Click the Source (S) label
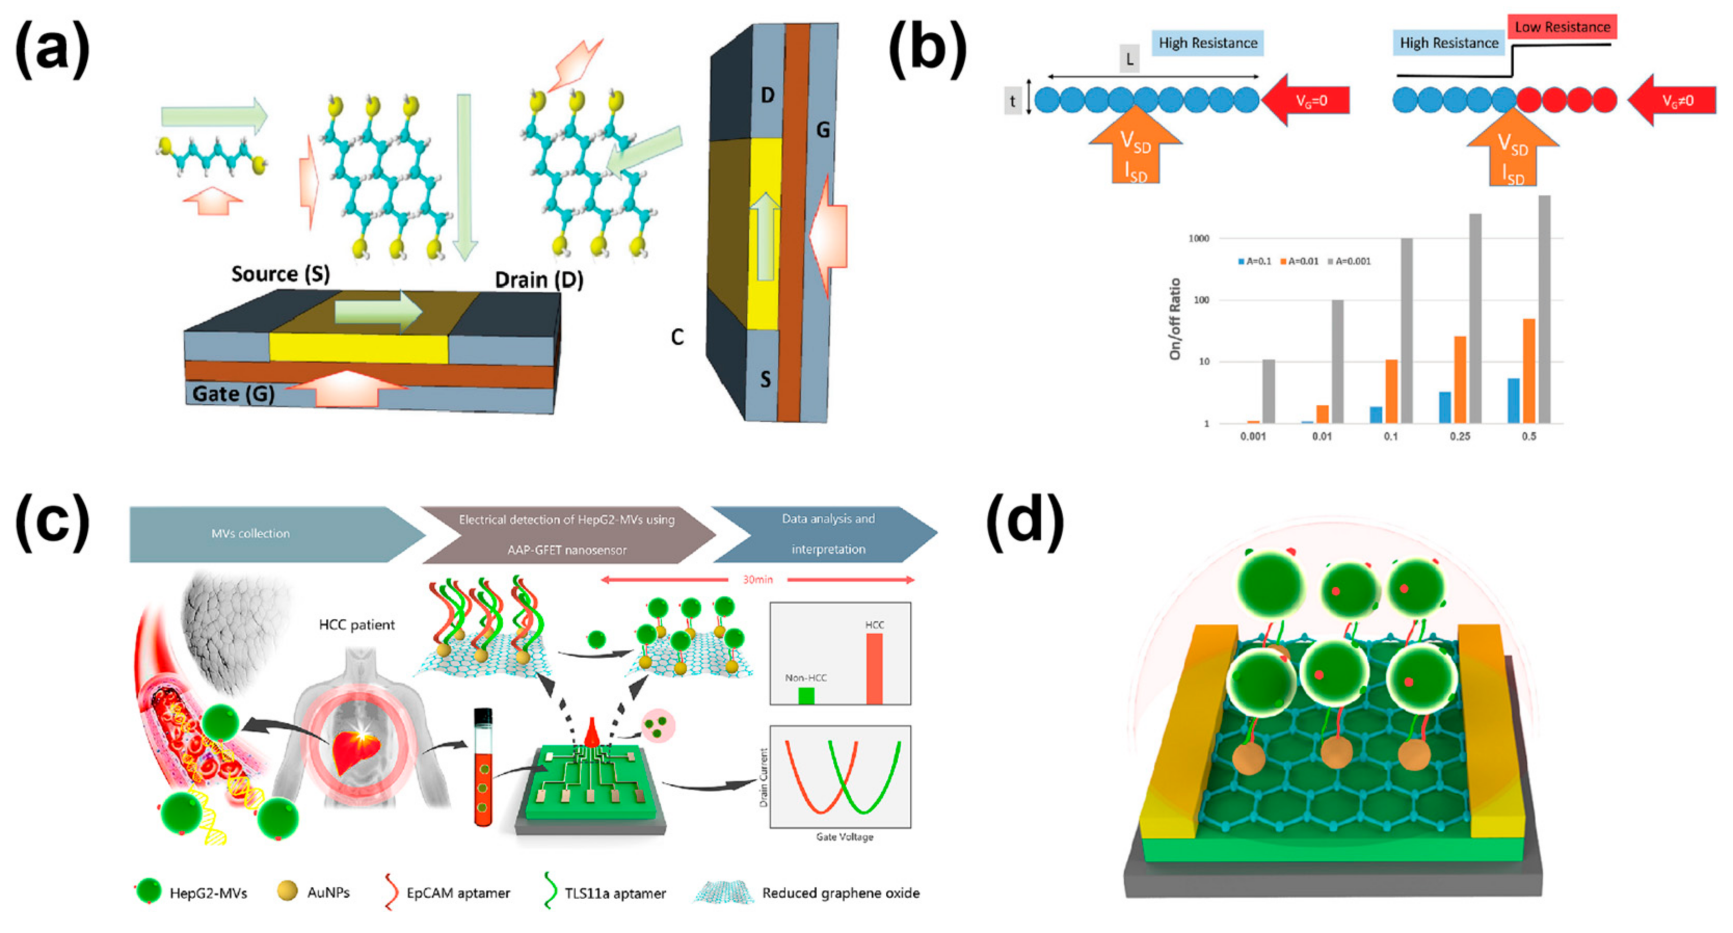coord(281,274)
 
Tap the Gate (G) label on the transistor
coord(233,394)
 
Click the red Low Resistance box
coord(1562,28)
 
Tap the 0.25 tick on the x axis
coord(1460,436)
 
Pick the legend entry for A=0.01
coord(1299,261)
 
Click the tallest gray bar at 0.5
coord(1544,310)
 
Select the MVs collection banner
coord(250,534)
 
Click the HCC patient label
coord(356,625)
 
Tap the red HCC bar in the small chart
coord(874,669)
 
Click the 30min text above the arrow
coord(757,579)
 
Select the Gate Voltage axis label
coord(844,837)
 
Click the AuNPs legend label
coord(328,892)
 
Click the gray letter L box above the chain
coord(1129,59)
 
